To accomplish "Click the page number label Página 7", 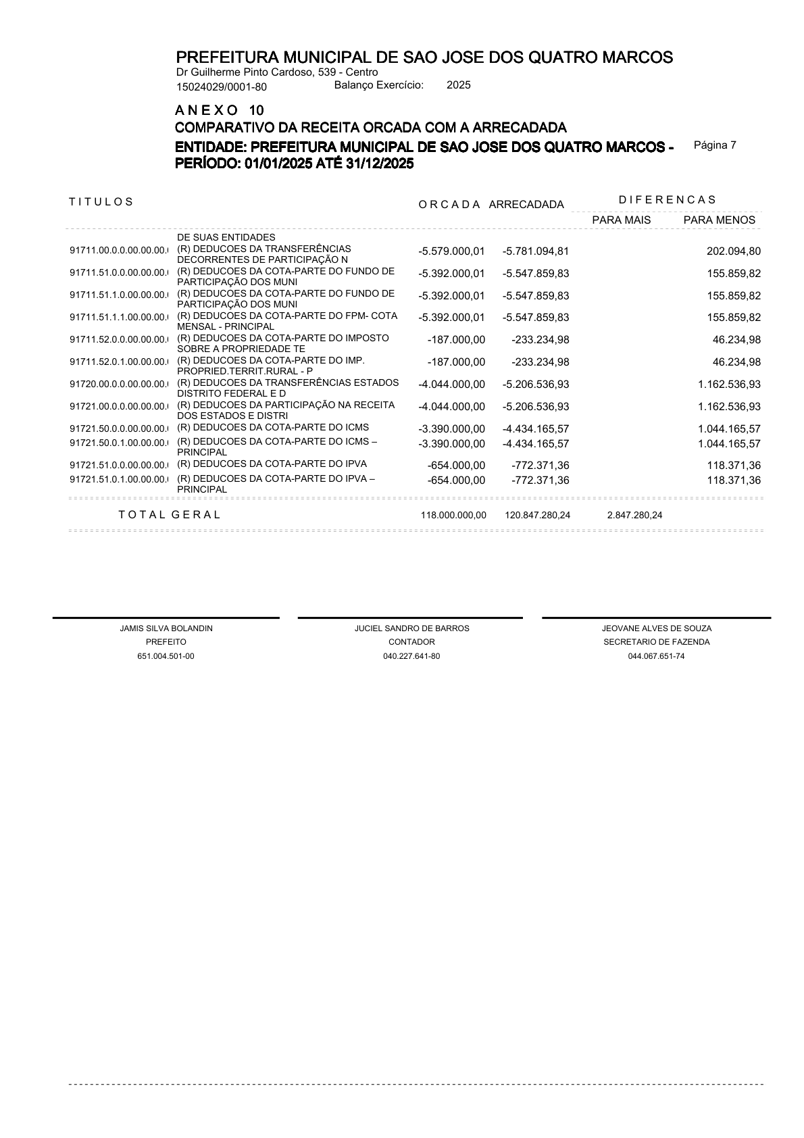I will coord(715,145).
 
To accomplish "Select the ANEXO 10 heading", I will coord(220,110).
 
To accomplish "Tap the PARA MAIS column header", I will coord(621,220).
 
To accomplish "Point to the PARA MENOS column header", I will coord(719,220).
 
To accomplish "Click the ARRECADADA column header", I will coord(526,205).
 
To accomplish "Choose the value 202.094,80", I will coord(733,251).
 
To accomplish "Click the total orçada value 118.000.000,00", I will coord(453,515).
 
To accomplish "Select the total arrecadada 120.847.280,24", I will coord(537,515).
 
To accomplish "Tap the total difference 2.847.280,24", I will coord(634,515).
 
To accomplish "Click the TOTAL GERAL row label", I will coord(170,514).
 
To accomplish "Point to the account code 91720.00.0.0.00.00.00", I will coord(119,385).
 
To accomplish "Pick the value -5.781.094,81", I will coord(536,251).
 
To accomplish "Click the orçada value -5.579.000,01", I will coord(451,251).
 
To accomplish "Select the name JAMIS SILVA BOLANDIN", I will coord(166,628).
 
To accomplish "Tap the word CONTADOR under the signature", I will coord(411,642).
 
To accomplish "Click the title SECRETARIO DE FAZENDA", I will coord(656,642).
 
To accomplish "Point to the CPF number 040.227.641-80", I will coord(411,656).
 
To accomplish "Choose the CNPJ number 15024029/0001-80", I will coord(222,86).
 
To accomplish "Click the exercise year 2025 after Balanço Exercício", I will coord(459,85).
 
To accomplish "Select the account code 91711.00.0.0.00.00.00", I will coord(119,251).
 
